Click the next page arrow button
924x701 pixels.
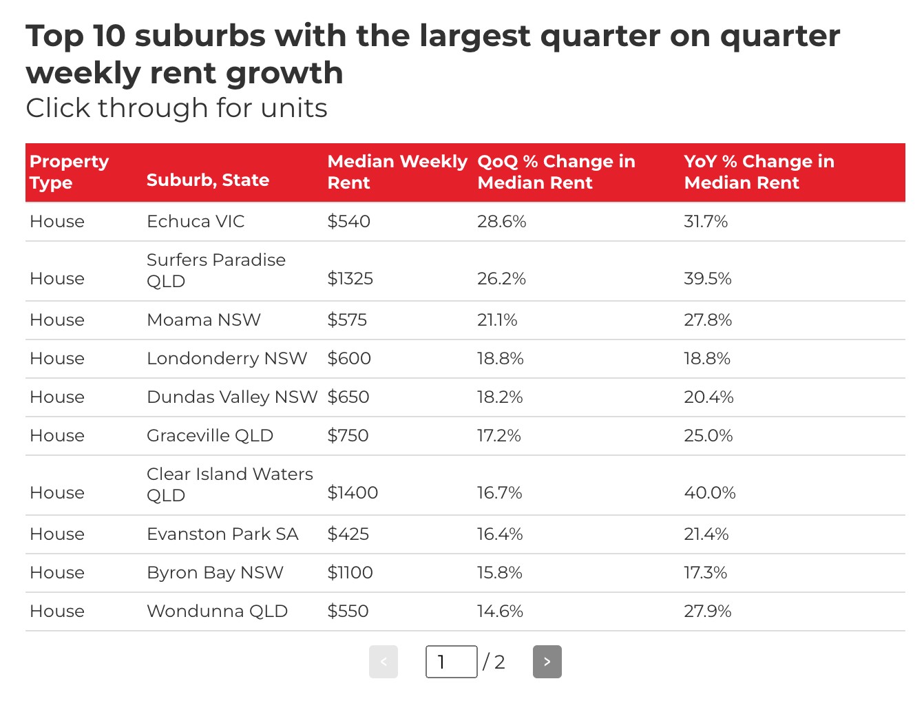pos(547,662)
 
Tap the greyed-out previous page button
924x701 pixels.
pos(384,662)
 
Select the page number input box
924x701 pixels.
pos(451,662)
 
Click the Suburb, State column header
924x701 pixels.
pos(208,180)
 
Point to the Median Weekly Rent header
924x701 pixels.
pos(397,172)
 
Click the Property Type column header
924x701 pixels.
pos(69,172)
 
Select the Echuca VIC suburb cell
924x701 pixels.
pos(196,222)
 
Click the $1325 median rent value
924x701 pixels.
pos(350,279)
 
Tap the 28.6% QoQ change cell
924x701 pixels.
pos(501,222)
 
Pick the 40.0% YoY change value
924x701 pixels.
pos(709,493)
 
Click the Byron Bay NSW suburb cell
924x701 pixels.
pos(215,573)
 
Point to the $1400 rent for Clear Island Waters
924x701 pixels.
pos(353,493)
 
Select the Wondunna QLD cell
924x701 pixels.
pos(217,611)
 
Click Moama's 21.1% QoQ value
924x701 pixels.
pos(496,320)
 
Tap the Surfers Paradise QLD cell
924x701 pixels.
pos(216,271)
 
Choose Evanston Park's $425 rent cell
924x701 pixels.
pos(348,534)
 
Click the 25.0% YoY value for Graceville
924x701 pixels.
pos(708,436)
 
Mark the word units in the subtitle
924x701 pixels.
pos(294,108)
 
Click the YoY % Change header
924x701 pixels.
pos(759,172)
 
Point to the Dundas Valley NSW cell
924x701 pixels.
pos(232,397)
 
